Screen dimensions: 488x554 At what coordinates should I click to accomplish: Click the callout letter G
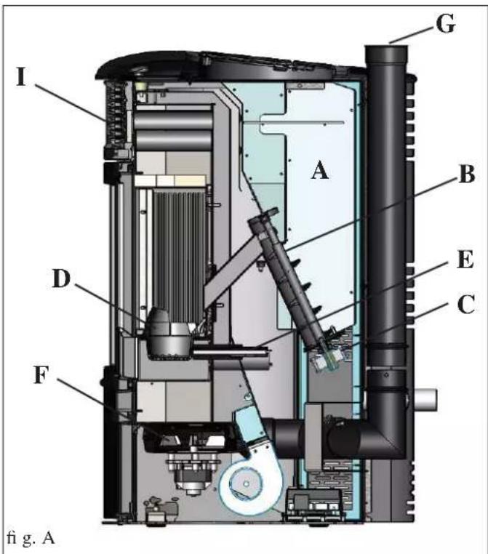pyautogui.click(x=446, y=24)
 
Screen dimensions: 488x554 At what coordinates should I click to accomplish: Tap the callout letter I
pyautogui.click(x=22, y=77)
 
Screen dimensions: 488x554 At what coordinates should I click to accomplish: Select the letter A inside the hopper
pyautogui.click(x=320, y=170)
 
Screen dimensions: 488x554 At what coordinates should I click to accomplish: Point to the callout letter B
pyautogui.click(x=466, y=174)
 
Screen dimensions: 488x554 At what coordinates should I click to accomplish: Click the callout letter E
pyautogui.click(x=465, y=260)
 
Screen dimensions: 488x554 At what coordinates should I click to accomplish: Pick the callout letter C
pyautogui.click(x=465, y=304)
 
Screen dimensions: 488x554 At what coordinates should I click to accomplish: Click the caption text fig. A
pyautogui.click(x=31, y=538)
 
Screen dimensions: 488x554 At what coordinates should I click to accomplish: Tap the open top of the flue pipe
pyautogui.click(x=386, y=49)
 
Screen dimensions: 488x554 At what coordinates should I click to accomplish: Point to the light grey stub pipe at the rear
pyautogui.click(x=424, y=400)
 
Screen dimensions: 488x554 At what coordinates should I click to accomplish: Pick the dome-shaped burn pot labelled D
pyautogui.click(x=169, y=334)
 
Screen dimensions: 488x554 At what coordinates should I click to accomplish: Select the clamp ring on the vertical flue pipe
pyautogui.click(x=386, y=345)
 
